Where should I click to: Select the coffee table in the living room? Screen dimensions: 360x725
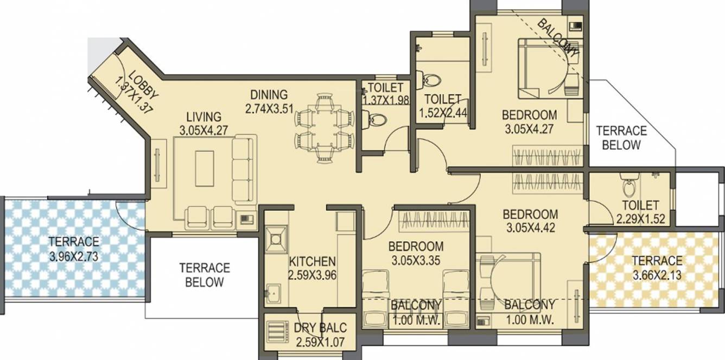[205, 169]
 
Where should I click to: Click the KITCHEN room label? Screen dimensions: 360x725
[312, 261]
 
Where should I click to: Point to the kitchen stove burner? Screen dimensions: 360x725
[276, 237]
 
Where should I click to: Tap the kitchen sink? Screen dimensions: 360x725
[274, 294]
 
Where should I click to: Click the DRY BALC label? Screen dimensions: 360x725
[320, 328]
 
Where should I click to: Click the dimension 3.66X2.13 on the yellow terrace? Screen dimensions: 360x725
[657, 275]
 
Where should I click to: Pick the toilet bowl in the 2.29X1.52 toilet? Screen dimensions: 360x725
[628, 188]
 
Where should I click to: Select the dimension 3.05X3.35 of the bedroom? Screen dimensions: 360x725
[416, 260]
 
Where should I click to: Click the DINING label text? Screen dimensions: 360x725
[266, 94]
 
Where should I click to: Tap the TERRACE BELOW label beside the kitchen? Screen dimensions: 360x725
[205, 275]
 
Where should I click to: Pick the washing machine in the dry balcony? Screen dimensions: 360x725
[277, 331]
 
